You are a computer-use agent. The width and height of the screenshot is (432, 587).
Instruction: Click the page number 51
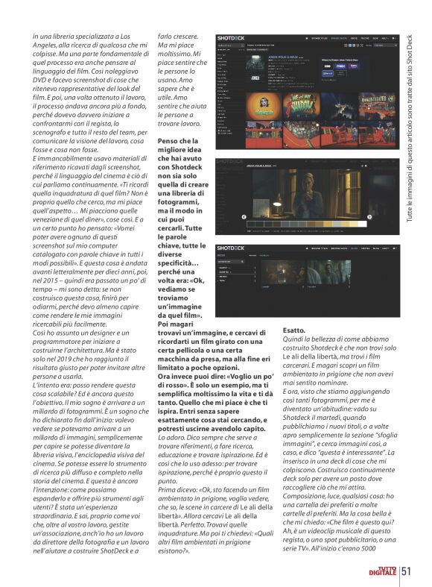point(407,571)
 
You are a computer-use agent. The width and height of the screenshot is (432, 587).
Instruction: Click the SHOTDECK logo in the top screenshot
point(230,37)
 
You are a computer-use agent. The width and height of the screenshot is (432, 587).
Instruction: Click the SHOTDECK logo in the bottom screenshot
point(230,247)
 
